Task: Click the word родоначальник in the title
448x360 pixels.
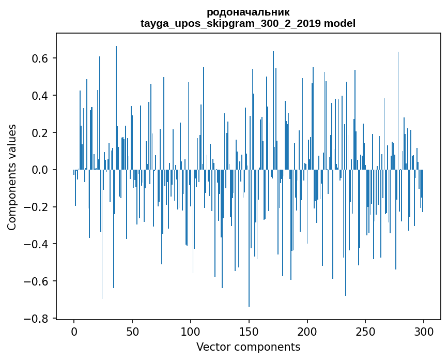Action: (x=248, y=12)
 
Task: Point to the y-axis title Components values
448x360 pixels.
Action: (x=11, y=177)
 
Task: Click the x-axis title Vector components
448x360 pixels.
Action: (x=248, y=347)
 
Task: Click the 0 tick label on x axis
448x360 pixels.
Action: (x=74, y=332)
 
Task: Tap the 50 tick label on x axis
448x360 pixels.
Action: (x=132, y=332)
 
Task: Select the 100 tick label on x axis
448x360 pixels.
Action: (x=191, y=332)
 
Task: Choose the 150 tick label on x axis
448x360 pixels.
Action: (x=249, y=332)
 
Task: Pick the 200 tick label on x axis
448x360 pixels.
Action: (x=307, y=332)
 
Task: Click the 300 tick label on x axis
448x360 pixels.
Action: (x=424, y=332)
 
